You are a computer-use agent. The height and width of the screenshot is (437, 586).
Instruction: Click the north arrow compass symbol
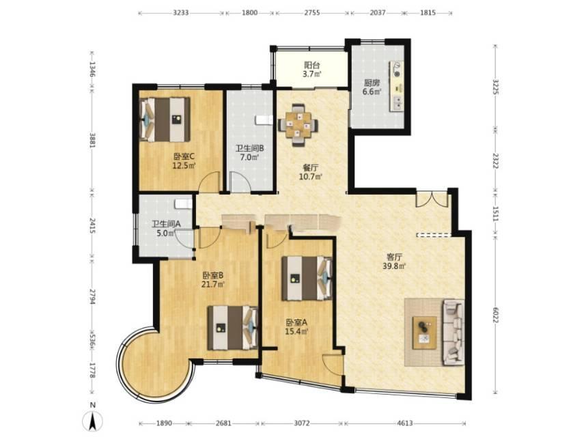point(94,420)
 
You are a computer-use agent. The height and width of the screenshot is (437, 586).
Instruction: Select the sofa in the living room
point(454,332)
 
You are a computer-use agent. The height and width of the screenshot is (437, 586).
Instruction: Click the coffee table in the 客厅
point(424,333)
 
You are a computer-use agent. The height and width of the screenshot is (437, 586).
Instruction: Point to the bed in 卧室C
point(165,119)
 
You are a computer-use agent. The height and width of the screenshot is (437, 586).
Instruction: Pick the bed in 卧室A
point(307,278)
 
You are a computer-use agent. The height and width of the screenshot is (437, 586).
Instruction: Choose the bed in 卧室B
point(233,328)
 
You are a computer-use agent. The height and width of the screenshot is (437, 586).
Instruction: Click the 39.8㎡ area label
point(397,266)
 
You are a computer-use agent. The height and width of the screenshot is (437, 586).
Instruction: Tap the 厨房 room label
point(372,83)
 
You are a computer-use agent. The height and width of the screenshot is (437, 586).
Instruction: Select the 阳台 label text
point(311,66)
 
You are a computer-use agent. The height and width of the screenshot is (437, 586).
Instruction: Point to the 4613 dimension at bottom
point(405,423)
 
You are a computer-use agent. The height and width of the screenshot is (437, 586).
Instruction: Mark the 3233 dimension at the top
point(181,13)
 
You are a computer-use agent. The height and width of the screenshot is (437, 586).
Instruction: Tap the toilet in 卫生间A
point(183,203)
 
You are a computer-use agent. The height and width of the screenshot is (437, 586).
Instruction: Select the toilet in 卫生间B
point(264,120)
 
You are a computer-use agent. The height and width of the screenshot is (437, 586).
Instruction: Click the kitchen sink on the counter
point(397,103)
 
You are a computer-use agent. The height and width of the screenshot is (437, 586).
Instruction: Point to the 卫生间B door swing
point(240,182)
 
